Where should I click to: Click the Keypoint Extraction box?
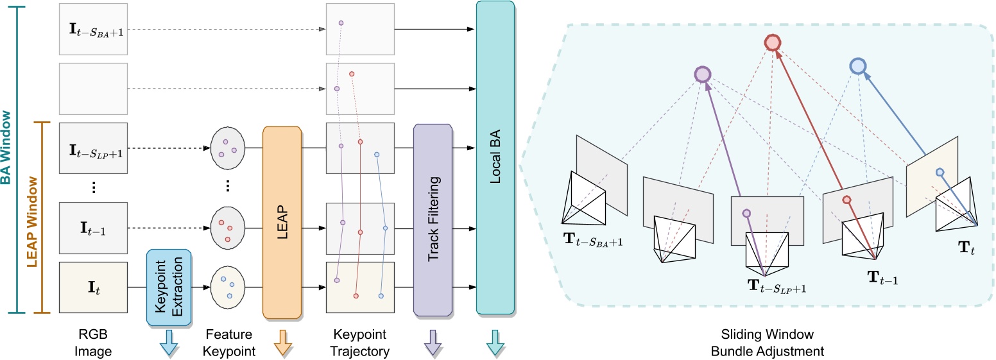(169, 287)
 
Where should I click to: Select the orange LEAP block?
(282, 223)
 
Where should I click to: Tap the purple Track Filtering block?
(433, 220)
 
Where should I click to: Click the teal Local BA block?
(495, 157)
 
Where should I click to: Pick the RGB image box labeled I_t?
(94, 287)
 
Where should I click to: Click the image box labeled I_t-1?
(94, 228)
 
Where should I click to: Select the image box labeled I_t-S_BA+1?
(94, 30)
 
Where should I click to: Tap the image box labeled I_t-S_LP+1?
(94, 148)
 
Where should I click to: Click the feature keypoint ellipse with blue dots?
(228, 287)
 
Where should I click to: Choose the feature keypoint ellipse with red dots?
(228, 228)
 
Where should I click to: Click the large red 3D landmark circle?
(772, 42)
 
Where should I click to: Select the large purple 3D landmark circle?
(703, 74)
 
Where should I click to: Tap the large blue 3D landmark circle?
(858, 66)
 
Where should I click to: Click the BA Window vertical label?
(6, 148)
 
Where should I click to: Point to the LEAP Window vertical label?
(33, 222)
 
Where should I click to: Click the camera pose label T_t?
(966, 248)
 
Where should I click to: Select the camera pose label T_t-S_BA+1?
(593, 240)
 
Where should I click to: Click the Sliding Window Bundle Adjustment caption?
(767, 343)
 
